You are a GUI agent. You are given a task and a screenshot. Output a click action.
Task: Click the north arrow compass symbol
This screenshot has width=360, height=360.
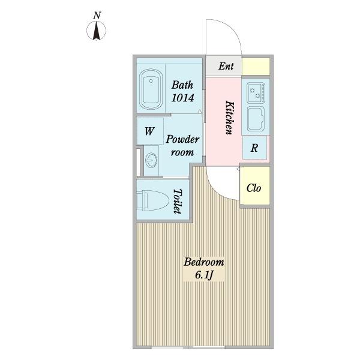tap(96, 31)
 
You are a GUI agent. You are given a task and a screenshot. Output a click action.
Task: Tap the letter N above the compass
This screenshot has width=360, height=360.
tap(97, 16)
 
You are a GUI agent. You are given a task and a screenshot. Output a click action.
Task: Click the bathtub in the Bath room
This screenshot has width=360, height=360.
tap(151, 89)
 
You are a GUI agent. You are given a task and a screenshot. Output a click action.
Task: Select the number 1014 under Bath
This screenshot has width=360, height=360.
tap(183, 98)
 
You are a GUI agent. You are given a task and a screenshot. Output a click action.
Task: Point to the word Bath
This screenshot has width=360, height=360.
tap(182, 85)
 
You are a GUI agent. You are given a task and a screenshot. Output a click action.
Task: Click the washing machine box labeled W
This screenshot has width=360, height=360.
tap(150, 131)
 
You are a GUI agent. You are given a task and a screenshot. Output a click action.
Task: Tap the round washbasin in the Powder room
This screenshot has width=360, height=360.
tap(152, 160)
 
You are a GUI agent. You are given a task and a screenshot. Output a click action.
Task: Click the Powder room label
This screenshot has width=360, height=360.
tap(182, 146)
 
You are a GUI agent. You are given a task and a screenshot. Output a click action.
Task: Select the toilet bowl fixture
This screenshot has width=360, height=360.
tap(152, 200)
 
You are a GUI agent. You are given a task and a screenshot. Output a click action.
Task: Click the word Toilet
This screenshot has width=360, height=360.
tap(178, 202)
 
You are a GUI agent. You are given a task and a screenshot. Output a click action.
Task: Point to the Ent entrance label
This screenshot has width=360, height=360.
tap(226, 66)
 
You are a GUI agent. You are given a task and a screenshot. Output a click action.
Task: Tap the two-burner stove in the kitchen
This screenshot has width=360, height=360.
tap(256, 93)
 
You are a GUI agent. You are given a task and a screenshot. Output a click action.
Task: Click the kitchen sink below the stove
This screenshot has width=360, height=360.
tap(256, 119)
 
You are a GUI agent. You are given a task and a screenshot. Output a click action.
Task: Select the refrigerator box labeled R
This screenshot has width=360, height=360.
tap(254, 148)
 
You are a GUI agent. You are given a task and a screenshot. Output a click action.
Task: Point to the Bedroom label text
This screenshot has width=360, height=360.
tap(203, 262)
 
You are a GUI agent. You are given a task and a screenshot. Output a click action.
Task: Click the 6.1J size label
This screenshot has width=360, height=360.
tap(204, 275)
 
